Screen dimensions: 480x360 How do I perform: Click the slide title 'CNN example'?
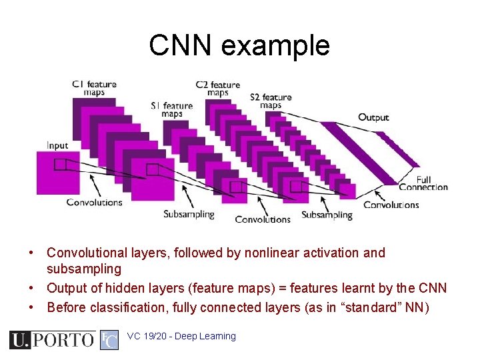pos(239,45)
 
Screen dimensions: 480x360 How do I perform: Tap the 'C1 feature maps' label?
pos(94,88)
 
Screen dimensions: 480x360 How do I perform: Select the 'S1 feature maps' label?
pos(171,109)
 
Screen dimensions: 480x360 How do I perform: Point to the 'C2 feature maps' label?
pos(217,89)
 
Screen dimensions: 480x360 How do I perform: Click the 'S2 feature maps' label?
pos(270,101)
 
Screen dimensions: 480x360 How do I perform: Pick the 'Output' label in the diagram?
pos(373,117)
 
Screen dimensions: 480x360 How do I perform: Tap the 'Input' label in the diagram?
pos(57,145)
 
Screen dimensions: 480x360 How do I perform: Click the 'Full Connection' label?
pos(423,183)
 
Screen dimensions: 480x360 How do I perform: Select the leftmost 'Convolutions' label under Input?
pos(94,202)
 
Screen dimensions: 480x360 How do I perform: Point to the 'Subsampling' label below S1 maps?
pos(189,214)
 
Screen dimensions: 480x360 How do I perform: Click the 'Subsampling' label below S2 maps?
pos(327,215)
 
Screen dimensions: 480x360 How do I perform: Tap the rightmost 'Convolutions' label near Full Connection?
pos(391,205)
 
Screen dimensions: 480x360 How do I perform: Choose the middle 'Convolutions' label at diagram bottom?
pos(263,219)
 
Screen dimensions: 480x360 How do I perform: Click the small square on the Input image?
pos(60,164)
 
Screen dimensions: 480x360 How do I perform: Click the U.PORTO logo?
pos(51,340)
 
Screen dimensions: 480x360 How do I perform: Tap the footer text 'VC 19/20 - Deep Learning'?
pos(181,337)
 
